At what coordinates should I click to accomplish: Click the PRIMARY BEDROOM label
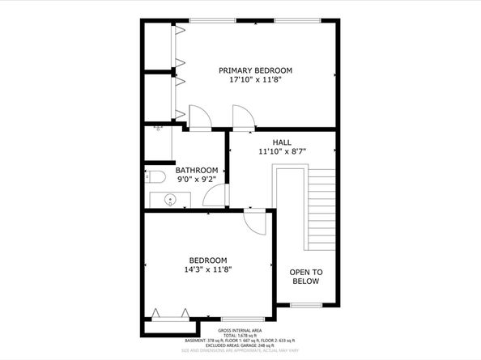coord(255,70)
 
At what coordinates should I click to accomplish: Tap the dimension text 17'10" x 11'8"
coord(255,81)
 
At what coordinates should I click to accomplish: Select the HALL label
coord(281,141)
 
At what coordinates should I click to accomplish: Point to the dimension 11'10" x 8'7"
coord(281,151)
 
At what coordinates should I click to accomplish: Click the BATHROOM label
coord(197,170)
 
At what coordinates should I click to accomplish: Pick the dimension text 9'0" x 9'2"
coord(197,180)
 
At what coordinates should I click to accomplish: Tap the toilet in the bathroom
coord(155,176)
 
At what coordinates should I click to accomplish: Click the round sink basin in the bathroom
coord(172,200)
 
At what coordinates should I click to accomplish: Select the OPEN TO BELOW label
coord(306,277)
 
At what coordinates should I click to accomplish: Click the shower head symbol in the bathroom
coord(158,129)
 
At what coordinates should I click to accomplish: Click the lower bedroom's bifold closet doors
coord(171,315)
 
